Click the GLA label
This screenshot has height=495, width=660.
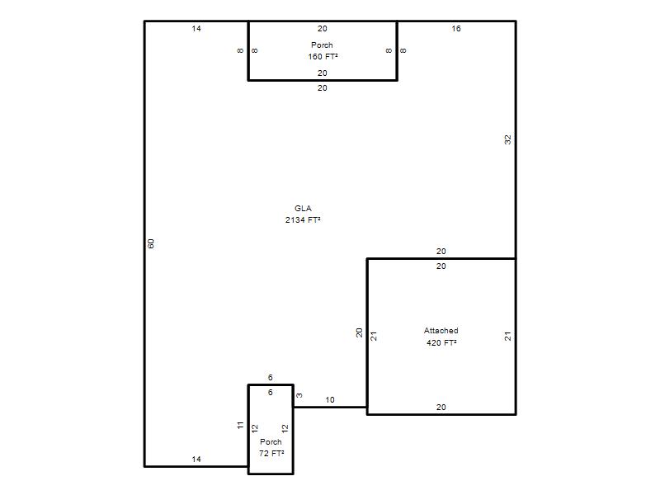coord(303,209)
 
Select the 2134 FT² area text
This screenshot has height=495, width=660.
coord(303,219)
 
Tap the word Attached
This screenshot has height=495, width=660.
coord(441,331)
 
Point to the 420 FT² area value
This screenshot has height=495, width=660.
coord(441,342)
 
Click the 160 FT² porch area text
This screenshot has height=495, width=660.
coord(323,56)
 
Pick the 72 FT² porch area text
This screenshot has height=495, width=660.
coord(271,453)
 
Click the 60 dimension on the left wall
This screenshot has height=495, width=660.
coord(151,243)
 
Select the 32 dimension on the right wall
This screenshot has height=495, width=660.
coord(507,139)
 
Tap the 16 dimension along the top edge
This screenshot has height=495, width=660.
coord(456,29)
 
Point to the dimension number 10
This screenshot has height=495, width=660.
coord(329,400)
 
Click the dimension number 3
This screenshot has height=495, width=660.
coord(299,396)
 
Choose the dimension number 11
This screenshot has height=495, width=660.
coord(240,425)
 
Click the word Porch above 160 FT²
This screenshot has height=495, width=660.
coord(322,45)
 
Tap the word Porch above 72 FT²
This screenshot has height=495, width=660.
coord(271,442)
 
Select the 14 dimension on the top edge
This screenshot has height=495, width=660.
coord(196,29)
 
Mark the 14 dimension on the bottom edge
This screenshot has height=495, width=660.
coord(196,460)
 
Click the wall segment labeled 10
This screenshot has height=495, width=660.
coord(330,407)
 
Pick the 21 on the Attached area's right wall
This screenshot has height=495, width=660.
coord(507,336)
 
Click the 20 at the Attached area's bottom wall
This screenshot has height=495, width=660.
coord(441,407)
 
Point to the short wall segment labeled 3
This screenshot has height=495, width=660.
coord(293,396)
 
